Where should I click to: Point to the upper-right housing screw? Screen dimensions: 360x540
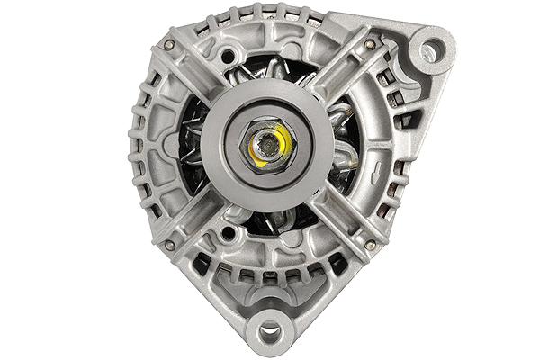coord(369,44)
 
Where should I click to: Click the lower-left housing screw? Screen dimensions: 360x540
coord(169,244)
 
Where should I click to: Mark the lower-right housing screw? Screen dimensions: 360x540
coord(369,244)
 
